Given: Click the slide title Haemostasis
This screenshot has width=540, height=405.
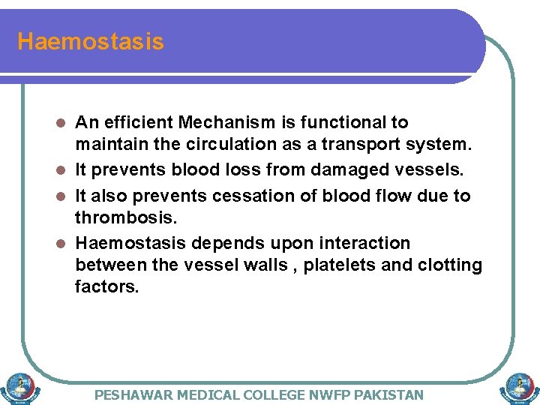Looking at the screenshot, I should coord(90,41).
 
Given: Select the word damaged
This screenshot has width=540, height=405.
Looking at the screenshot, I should coord(355,170).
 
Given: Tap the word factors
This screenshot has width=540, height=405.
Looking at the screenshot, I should coord(106,286).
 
